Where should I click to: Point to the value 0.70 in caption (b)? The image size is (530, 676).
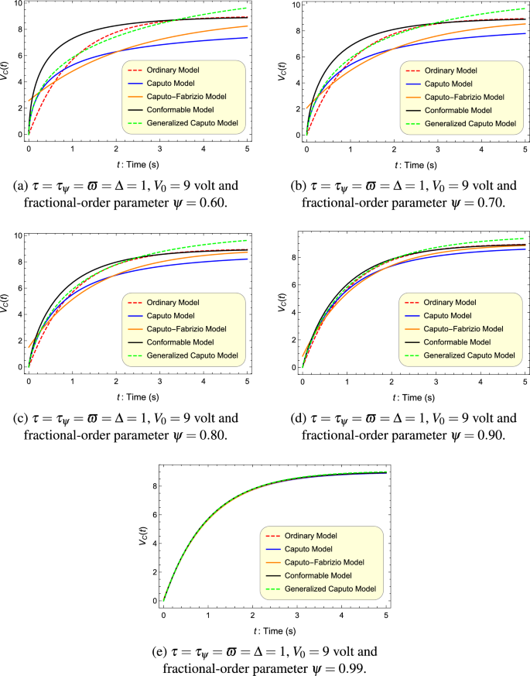487,203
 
